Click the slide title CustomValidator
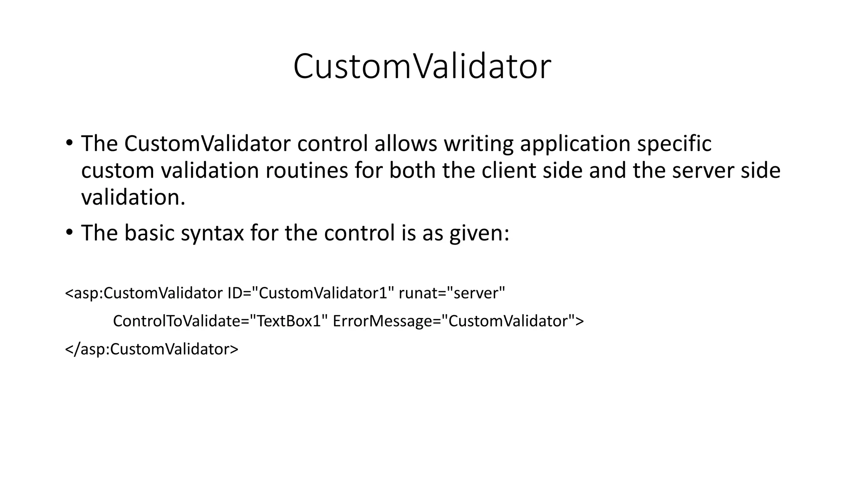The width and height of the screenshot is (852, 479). pos(422,67)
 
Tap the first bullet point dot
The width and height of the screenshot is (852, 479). pos(69,143)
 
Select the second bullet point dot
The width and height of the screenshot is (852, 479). pos(69,233)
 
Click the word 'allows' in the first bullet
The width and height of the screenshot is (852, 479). pos(406,143)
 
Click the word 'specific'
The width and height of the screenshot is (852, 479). pos(674,144)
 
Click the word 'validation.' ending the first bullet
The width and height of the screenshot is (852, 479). pos(133,198)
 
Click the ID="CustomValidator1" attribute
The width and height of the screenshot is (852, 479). pos(310,294)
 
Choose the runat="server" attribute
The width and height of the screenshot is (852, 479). pos(452,294)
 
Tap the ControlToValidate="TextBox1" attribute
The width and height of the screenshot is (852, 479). pos(218,321)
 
